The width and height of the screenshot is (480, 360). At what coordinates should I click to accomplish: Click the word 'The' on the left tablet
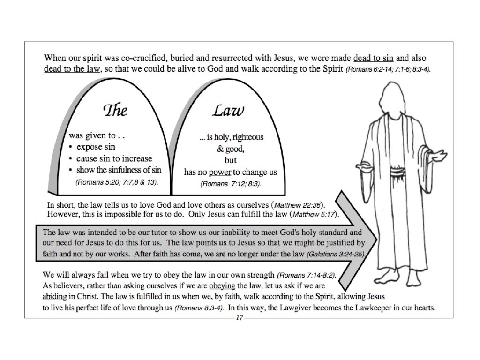[x=115, y=110]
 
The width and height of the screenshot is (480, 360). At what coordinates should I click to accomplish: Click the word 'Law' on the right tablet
[x=228, y=110]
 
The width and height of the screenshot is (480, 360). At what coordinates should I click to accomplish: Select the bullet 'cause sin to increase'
[x=114, y=158]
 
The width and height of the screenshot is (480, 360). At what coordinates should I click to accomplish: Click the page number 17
[x=239, y=318]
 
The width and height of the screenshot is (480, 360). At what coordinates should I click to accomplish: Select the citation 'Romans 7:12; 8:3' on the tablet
[x=231, y=184]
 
